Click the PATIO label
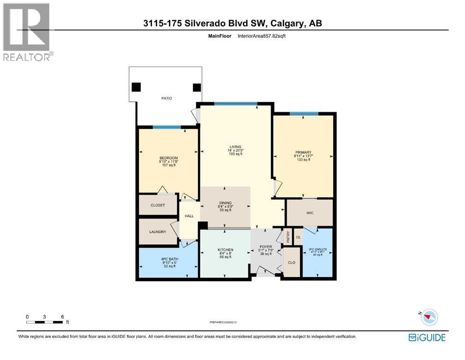coord(166,98)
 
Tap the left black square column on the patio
coord(136,87)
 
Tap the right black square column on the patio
coord(197,87)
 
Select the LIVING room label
coord(235,147)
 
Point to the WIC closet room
coord(310,213)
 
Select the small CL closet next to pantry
coord(298,237)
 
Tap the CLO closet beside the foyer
coord(291,263)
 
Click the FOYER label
coord(266,247)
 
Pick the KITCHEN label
coord(225,250)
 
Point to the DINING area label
coord(225,203)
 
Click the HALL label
coord(189,216)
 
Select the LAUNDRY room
coord(158,232)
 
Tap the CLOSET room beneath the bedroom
coord(158,205)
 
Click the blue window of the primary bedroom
coord(304,113)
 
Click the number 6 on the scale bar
coord(62,317)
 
